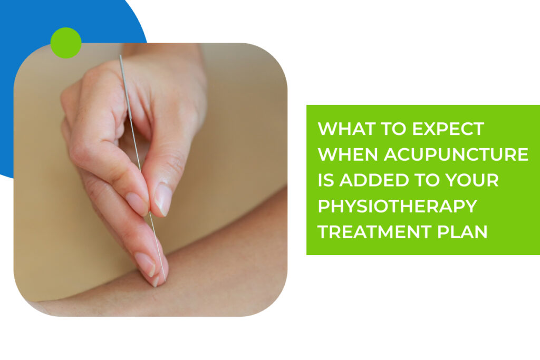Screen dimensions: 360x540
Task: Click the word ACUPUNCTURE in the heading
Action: [x=456, y=154]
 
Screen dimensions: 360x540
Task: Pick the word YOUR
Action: [x=474, y=180]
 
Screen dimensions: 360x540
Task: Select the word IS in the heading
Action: [x=326, y=180]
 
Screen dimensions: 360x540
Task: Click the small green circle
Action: [x=66, y=43]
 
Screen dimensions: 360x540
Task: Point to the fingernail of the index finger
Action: [x=135, y=203]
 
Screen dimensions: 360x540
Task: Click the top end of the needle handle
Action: [x=121, y=56]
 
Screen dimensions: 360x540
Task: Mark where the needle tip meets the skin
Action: [x=165, y=281]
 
